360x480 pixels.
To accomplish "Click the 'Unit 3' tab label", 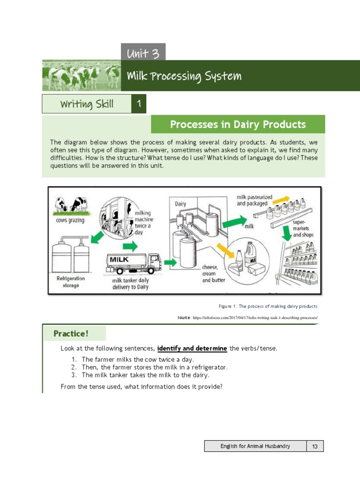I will (143, 53).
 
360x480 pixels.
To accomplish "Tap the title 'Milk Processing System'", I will (184, 75).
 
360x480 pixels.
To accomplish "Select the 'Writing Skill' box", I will (87, 104).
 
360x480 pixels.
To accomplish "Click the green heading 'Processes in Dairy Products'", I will (238, 124).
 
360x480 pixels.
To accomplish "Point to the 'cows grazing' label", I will (70, 220).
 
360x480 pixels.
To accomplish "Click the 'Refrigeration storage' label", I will (71, 281).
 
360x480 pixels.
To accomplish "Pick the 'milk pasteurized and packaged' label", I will (252, 201).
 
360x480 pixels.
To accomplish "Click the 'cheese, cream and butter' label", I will (213, 274).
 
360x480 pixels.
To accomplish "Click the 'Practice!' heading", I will (71, 334).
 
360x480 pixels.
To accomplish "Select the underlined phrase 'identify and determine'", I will (192, 348).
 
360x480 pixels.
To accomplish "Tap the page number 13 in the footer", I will (315, 446).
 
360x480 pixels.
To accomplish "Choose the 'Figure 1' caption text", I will (268, 306).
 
